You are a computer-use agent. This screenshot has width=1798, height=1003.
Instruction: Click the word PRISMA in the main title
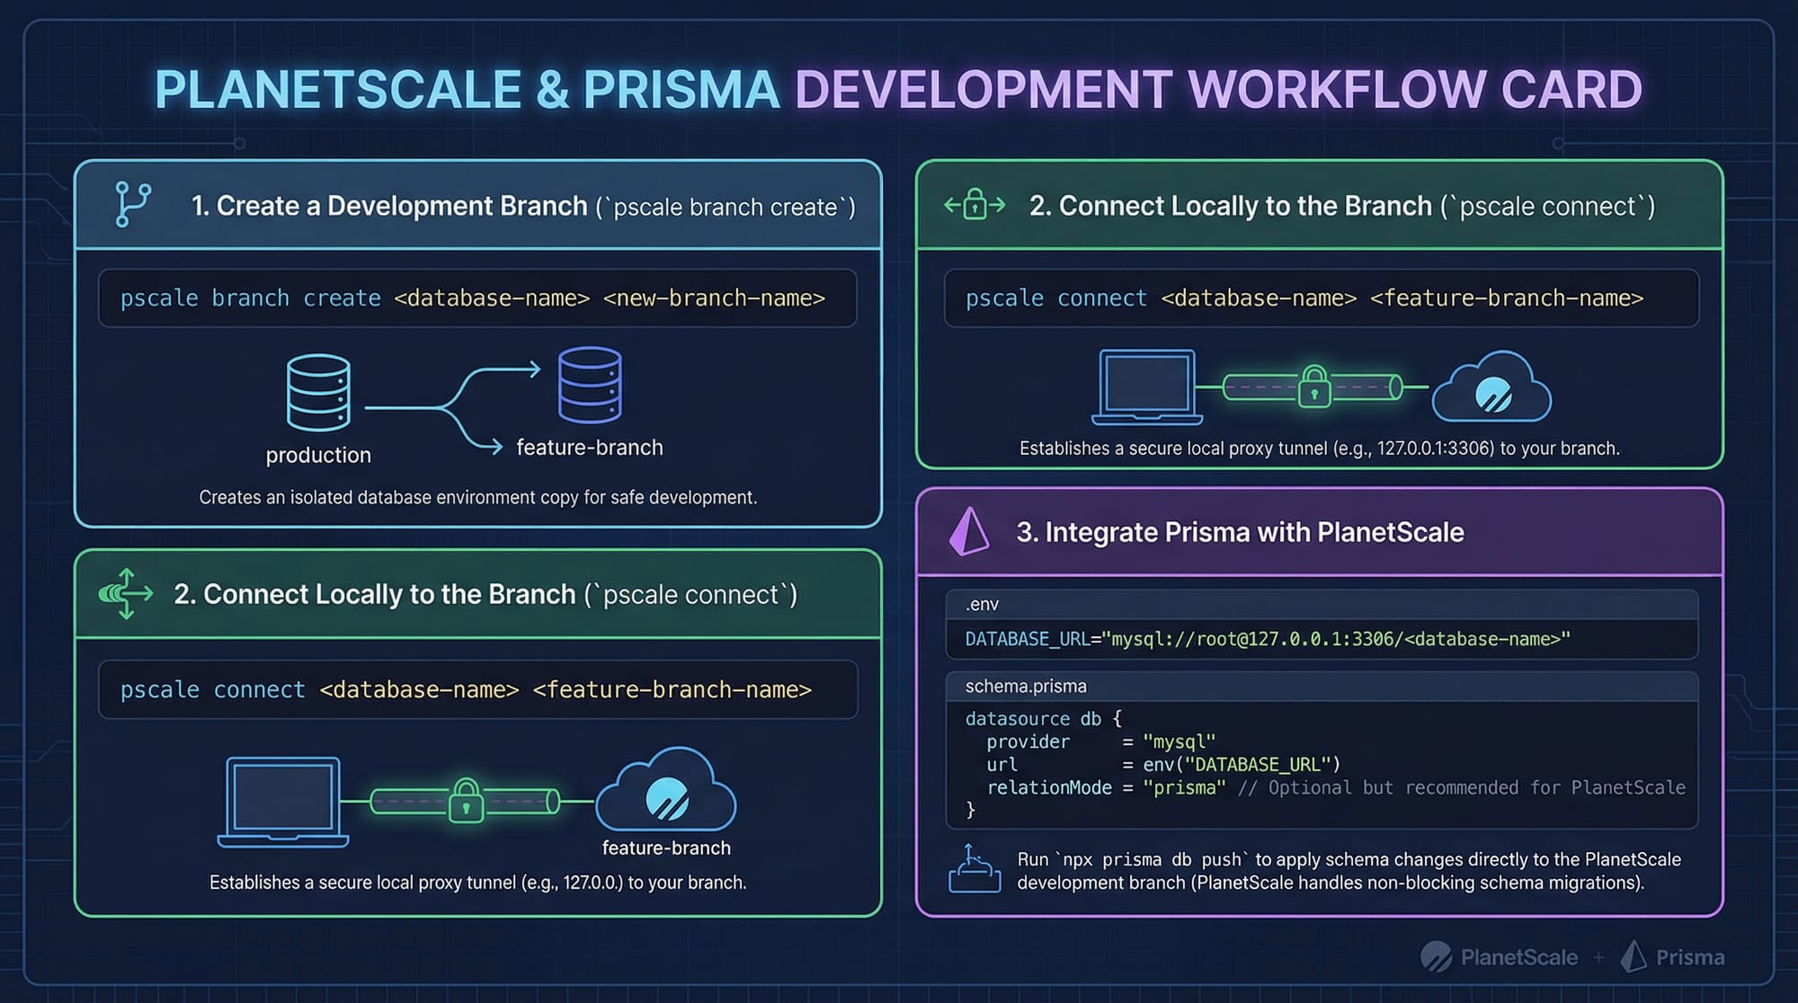(x=681, y=90)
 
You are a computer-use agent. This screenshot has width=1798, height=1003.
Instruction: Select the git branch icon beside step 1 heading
(x=133, y=205)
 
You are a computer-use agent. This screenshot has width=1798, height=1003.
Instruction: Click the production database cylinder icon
(x=318, y=393)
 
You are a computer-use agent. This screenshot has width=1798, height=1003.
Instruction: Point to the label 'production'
(x=318, y=455)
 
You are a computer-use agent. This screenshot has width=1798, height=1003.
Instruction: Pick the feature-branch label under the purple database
(x=590, y=448)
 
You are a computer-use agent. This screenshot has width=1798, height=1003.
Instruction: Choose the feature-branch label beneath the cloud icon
(x=666, y=848)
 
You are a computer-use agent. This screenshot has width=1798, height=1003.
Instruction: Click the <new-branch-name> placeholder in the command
(x=714, y=298)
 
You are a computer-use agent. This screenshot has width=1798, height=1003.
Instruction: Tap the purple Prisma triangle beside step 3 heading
(x=968, y=532)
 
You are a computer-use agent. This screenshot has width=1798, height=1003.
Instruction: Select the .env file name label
(x=982, y=605)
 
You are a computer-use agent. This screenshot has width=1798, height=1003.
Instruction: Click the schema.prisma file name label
(x=1026, y=687)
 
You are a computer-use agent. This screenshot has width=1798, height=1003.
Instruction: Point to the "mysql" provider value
(x=1179, y=742)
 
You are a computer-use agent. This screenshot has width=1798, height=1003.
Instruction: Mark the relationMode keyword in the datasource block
(x=1049, y=788)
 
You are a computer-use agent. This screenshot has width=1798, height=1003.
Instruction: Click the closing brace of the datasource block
(x=970, y=811)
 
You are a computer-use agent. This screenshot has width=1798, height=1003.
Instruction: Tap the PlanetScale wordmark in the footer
(x=1518, y=958)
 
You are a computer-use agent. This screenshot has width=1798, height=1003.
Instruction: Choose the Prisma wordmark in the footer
(x=1689, y=958)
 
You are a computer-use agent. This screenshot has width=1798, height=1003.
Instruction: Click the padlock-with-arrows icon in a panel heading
(x=975, y=206)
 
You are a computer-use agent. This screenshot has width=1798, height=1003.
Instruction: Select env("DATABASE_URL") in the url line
(x=1242, y=765)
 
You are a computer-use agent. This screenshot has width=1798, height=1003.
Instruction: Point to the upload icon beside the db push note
(x=975, y=869)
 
